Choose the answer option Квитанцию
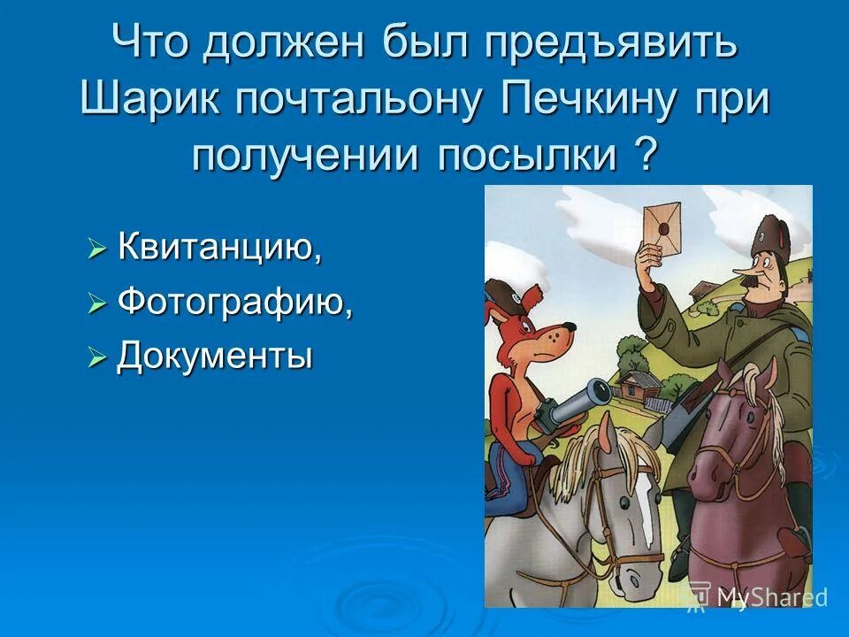tap(219, 249)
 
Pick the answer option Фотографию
tap(235, 303)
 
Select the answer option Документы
tap(215, 357)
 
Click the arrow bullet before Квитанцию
tap(96, 250)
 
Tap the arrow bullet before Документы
tap(96, 359)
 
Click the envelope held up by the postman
tap(664, 219)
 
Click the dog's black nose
tap(571, 328)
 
